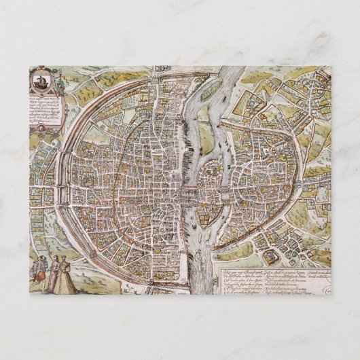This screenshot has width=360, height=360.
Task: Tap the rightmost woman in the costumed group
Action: click(64, 275)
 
